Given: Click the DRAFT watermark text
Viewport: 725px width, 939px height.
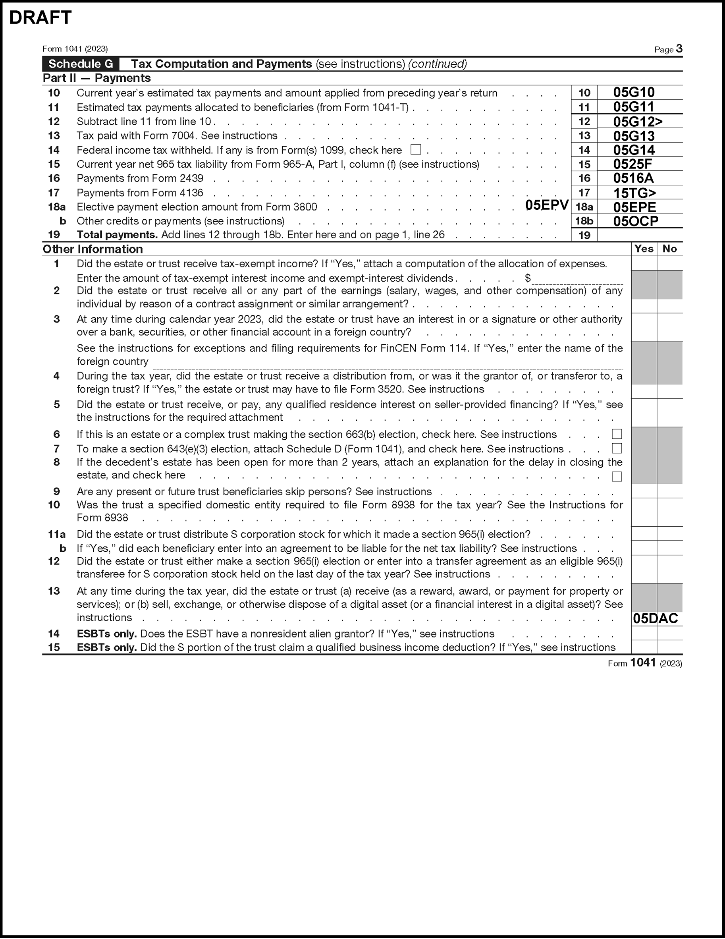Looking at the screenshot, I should click(x=40, y=18).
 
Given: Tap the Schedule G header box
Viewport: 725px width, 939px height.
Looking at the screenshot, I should click(x=81, y=64).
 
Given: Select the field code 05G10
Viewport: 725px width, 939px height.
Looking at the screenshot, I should click(x=634, y=93).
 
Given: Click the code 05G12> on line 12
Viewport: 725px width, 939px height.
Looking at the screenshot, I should click(x=638, y=122).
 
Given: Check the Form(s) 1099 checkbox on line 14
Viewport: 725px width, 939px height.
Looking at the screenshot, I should click(x=416, y=150).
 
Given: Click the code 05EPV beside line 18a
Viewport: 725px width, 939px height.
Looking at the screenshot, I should click(x=547, y=205).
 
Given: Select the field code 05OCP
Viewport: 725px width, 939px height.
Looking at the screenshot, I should click(x=636, y=221).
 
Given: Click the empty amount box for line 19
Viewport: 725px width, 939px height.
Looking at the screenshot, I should click(x=640, y=235).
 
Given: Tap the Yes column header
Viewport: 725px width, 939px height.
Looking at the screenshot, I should click(x=644, y=249).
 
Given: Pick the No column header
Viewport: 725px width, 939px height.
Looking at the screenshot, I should click(x=669, y=249).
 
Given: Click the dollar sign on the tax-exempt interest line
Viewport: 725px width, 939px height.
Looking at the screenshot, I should click(x=528, y=278).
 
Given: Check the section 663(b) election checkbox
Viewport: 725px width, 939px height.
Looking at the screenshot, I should click(x=617, y=434).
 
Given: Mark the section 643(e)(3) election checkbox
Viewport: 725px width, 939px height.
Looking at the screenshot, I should click(x=617, y=448).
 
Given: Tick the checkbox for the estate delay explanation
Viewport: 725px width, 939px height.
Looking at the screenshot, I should click(x=617, y=476).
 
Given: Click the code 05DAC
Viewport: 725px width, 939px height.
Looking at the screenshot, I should click(x=656, y=619).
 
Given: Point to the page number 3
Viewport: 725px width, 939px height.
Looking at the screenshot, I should click(x=679, y=48).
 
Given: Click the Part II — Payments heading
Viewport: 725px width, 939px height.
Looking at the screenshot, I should click(x=97, y=78).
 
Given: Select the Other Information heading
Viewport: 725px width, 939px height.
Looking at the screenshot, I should click(x=93, y=249).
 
